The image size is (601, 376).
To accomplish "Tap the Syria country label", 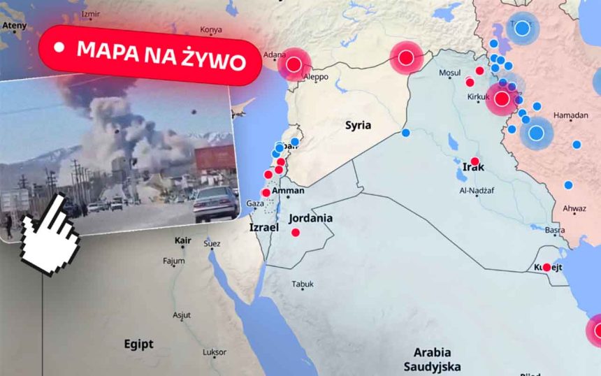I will click(x=358, y=126).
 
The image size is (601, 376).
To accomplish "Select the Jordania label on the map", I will click(x=311, y=218).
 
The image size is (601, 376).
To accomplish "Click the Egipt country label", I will click(x=138, y=344).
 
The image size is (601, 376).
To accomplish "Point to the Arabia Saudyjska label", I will click(x=431, y=359).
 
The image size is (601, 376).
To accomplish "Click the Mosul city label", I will click(x=449, y=73).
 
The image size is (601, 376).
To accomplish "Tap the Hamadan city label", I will click(x=570, y=115).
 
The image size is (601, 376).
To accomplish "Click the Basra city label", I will click(x=555, y=230).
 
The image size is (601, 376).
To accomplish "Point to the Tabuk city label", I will click(x=303, y=284).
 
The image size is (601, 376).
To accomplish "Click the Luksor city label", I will click(x=214, y=352).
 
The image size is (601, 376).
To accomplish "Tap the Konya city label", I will click(x=211, y=29).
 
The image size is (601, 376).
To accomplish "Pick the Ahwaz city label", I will click(x=574, y=208).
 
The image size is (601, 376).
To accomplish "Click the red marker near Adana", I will click(x=294, y=65).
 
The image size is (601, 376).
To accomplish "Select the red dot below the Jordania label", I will click(x=296, y=233).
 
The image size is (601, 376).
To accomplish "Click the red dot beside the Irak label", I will click(x=475, y=162).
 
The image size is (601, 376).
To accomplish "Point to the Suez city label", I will click(x=212, y=243).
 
